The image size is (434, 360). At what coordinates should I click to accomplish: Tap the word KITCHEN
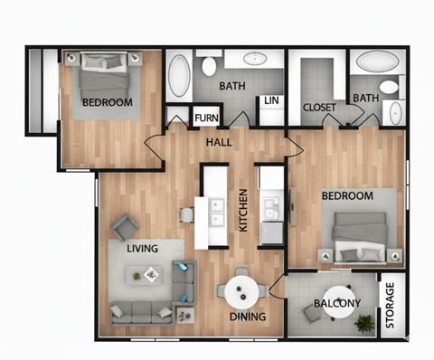[x=242, y=211]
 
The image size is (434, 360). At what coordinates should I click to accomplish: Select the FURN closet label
[x=206, y=117]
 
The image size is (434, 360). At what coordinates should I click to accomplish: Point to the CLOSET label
[x=320, y=108]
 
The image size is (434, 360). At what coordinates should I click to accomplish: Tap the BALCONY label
[x=337, y=304]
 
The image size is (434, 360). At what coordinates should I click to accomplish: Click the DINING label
[x=247, y=317]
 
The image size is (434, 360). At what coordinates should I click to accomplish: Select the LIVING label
[x=143, y=248]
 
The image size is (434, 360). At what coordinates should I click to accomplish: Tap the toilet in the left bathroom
[x=209, y=65]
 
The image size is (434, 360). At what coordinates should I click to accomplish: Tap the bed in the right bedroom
[x=363, y=233]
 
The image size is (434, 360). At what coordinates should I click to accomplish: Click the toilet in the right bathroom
[x=390, y=88]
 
